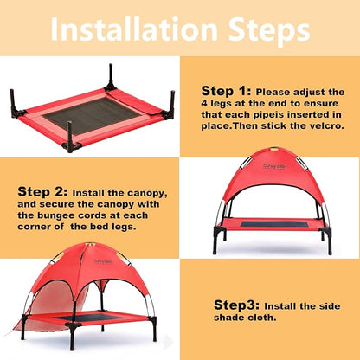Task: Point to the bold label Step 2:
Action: point(44,191)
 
